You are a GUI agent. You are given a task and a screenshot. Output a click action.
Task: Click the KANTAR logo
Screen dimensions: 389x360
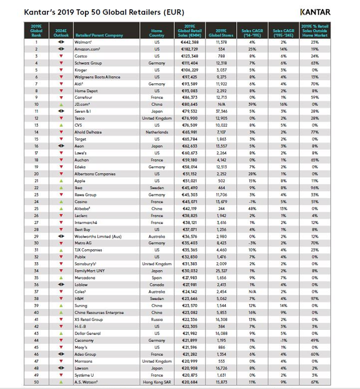coord(315,12)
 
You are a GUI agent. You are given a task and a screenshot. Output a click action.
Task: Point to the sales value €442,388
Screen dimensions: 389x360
coord(189,42)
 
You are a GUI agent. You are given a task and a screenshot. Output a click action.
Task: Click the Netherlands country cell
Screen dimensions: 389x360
coord(157,132)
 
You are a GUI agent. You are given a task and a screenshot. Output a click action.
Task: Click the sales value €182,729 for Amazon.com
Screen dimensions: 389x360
coord(189,49)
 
